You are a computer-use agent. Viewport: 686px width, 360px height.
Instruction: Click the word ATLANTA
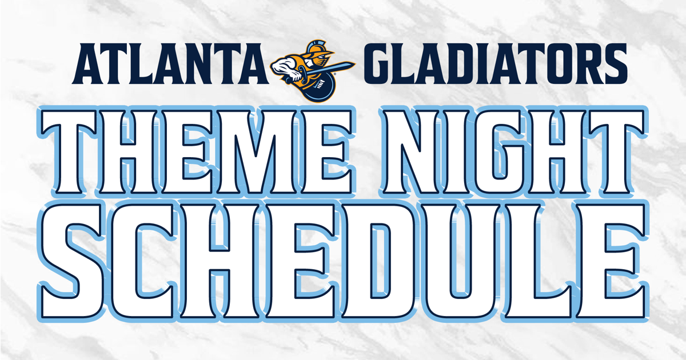point(170,63)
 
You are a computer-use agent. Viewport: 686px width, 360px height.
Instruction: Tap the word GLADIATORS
point(496,63)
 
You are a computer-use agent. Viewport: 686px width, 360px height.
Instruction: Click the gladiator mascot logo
point(312,71)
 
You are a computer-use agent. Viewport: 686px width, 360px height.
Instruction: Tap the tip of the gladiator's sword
point(354,64)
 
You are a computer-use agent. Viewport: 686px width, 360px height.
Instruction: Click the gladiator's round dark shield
point(318,87)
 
